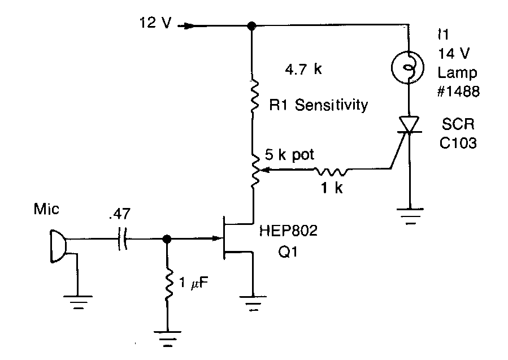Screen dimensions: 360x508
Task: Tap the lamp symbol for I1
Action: (407, 67)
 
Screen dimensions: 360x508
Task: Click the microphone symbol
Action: (58, 246)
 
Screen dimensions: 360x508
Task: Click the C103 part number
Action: (458, 143)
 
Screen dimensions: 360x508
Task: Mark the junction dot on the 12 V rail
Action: (252, 25)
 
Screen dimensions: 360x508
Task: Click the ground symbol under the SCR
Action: (407, 216)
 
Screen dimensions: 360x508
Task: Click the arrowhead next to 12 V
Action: (188, 25)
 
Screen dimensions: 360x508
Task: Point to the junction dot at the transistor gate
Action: (167, 240)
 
